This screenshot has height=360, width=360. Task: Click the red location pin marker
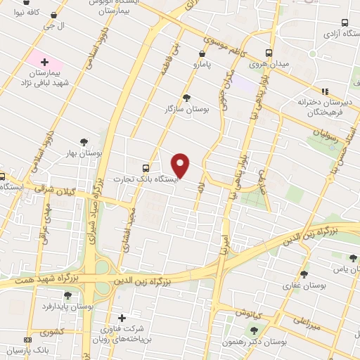[181, 165]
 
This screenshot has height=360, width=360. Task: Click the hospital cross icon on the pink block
[44, 63]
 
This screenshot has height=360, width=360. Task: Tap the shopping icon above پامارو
[202, 53]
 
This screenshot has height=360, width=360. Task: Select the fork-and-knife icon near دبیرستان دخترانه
[325, 91]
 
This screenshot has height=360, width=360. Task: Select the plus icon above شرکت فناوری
[123, 318]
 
